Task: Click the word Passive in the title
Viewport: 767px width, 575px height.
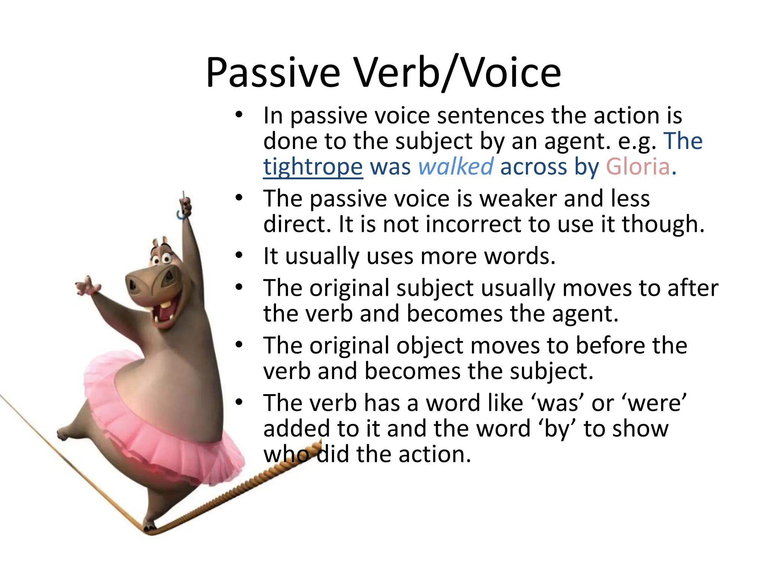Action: point(273,73)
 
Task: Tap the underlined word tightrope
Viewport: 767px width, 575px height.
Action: point(313,167)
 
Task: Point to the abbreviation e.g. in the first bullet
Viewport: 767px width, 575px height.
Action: point(637,141)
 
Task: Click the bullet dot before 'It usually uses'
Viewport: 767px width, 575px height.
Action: point(239,256)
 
